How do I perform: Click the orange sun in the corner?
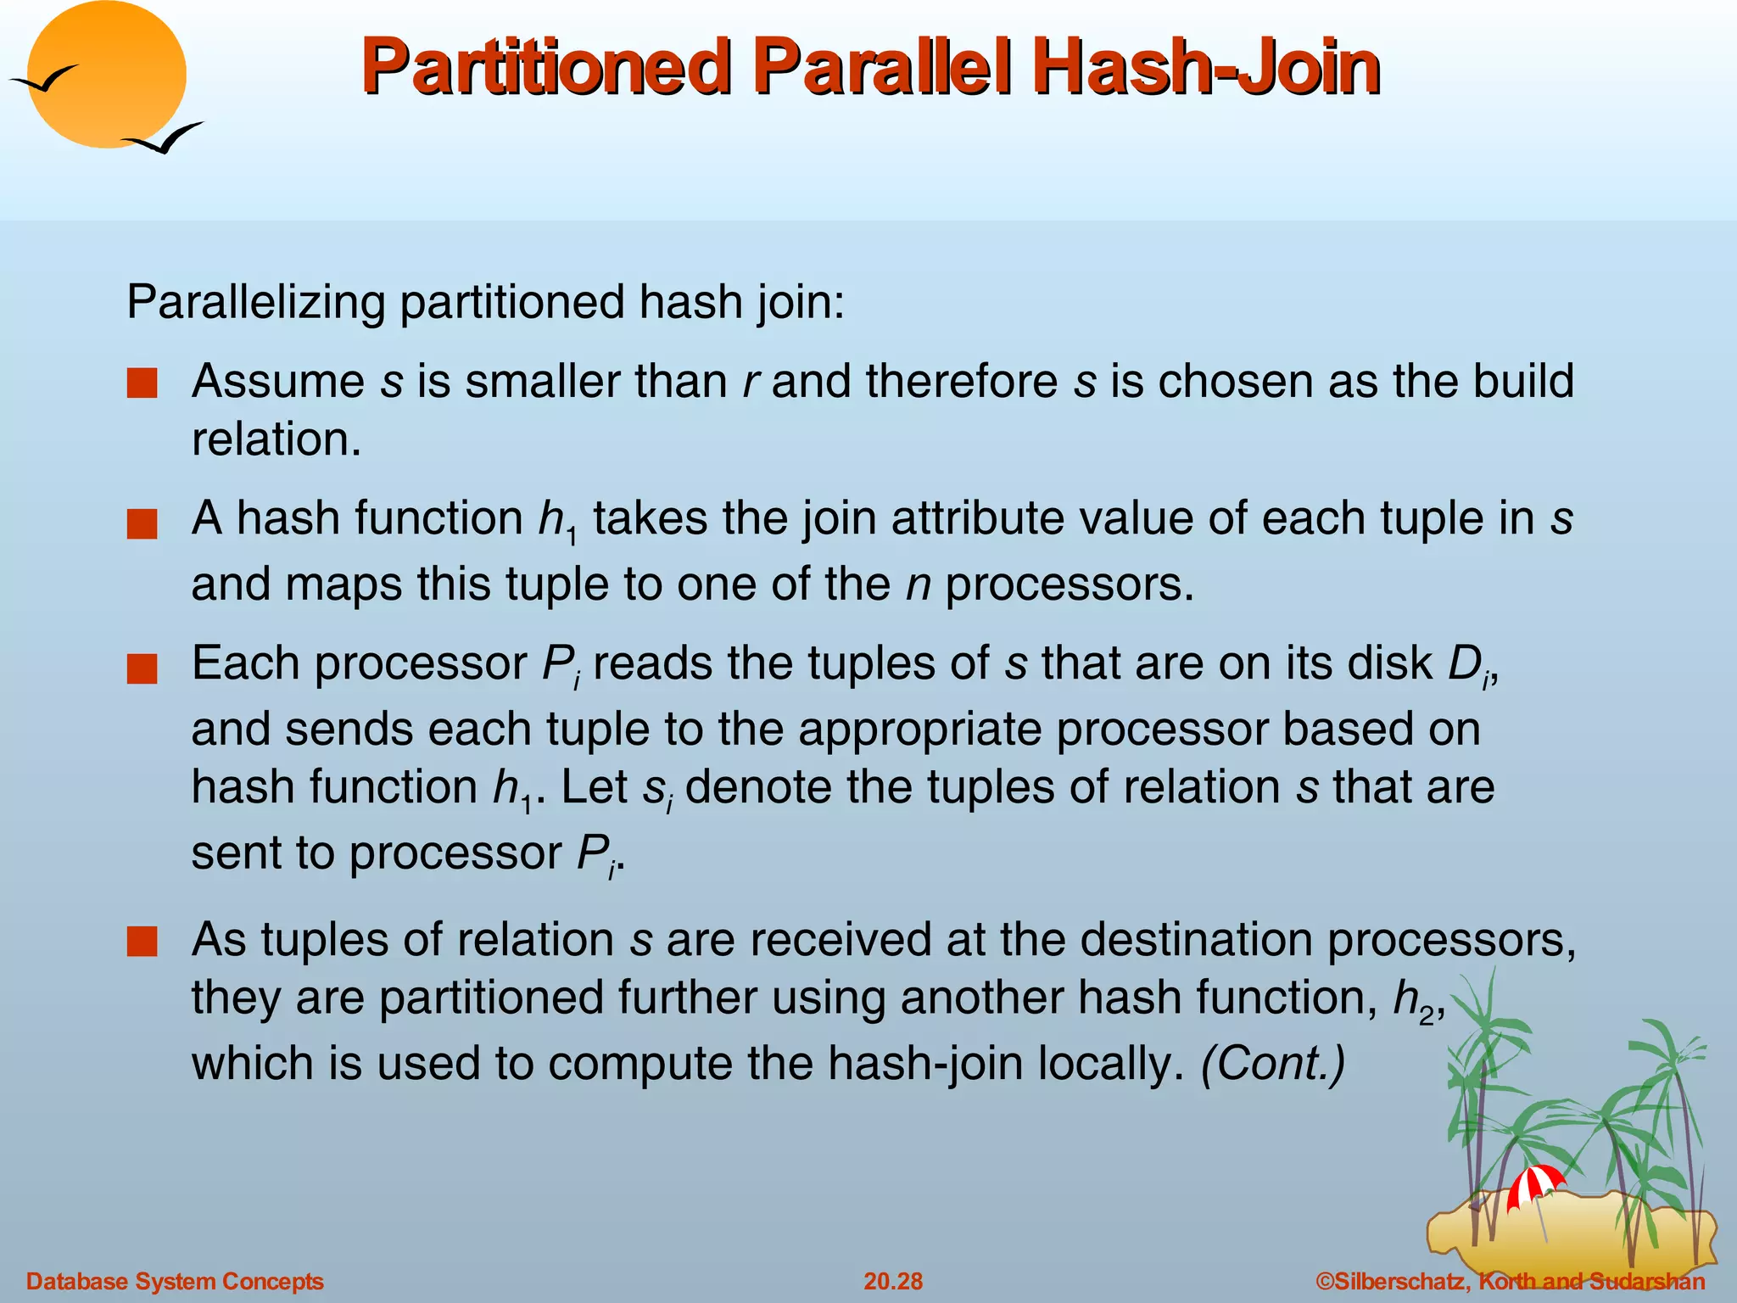point(107,75)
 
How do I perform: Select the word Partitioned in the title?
point(546,68)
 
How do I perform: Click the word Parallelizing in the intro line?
point(255,303)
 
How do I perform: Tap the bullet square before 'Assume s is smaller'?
point(142,383)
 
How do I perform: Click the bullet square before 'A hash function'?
point(142,524)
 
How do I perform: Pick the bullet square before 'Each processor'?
point(142,669)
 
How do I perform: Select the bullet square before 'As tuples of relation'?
point(142,942)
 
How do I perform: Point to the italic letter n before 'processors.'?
point(919,584)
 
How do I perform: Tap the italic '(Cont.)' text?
point(1273,1063)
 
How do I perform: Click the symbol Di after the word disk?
point(1470,666)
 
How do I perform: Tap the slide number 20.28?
point(893,1281)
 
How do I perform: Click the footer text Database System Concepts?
point(176,1281)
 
